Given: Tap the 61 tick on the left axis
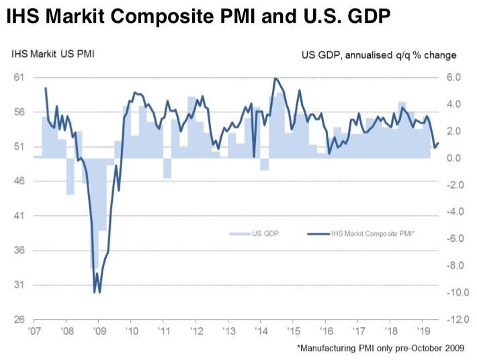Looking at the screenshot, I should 19,77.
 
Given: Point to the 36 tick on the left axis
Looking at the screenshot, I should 19,251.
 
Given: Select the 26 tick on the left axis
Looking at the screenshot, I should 19,320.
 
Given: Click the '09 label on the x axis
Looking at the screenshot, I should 99,331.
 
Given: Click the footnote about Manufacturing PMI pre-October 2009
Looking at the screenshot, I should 383,349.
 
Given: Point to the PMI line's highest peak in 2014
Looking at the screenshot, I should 275,79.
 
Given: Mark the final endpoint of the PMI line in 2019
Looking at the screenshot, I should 438,142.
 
